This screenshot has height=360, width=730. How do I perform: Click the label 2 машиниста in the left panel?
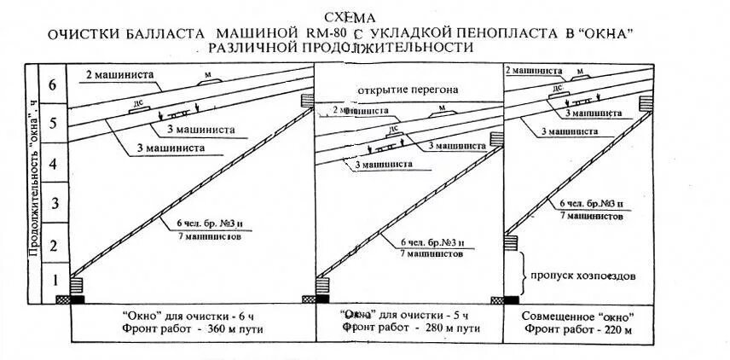coord(119,74)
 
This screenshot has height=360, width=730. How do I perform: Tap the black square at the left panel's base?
coord(78,299)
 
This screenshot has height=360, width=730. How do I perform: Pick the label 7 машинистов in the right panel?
coord(590,218)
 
